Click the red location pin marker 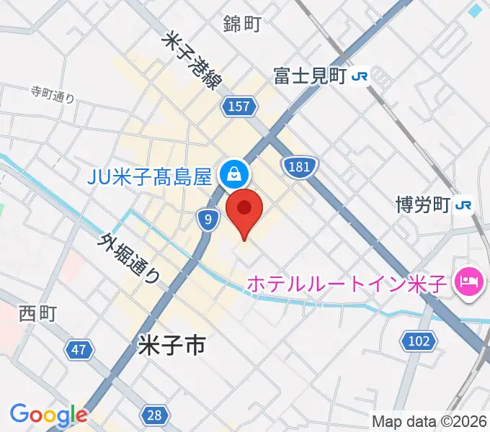tap(244, 210)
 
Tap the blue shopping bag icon tap(234, 174)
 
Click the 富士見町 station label tap(311, 75)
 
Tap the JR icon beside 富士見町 tap(360, 76)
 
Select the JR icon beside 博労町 tap(463, 205)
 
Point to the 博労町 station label tap(422, 205)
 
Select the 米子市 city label tap(171, 347)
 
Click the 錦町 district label tap(241, 24)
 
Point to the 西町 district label tap(37, 315)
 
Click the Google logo tap(48, 415)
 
